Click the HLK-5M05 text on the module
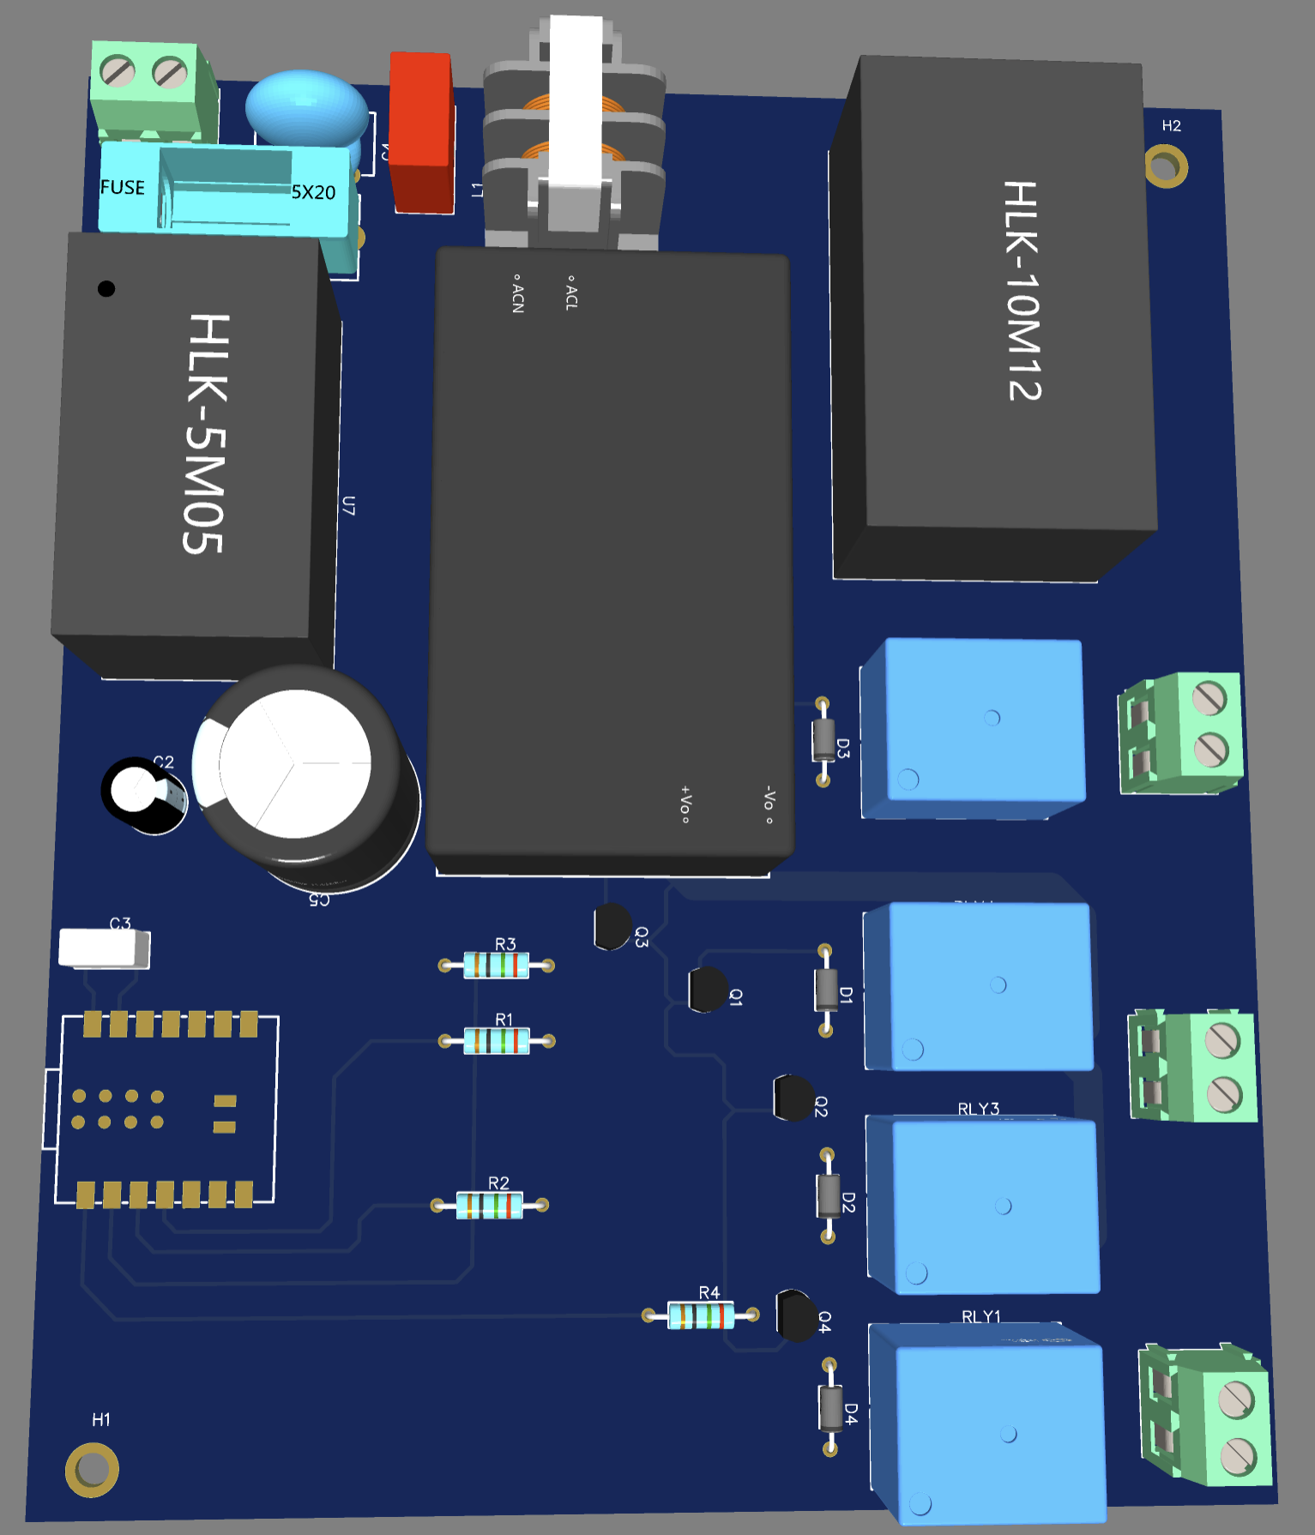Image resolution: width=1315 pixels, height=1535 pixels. pos(206,433)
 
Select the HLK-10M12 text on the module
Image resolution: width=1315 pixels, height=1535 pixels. pos(1022,292)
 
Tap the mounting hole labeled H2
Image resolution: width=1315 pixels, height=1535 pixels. pos(1166,166)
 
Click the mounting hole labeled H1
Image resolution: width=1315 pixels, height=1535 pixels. pos(92,1470)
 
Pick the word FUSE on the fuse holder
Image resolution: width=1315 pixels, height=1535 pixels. pos(123,188)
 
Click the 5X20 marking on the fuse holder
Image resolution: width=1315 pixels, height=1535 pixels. pos(313,192)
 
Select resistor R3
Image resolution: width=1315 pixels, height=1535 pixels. pos(497,966)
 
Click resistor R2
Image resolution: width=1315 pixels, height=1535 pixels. pos(490,1205)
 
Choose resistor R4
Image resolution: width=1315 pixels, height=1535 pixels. pos(701,1315)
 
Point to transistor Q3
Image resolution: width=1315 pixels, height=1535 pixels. pos(612,927)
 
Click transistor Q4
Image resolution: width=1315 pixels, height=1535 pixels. pos(796,1315)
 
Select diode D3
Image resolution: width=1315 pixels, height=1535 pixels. pos(823,741)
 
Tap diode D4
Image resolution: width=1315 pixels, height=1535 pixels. pos(830,1407)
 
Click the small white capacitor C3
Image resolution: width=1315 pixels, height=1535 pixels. pos(104,948)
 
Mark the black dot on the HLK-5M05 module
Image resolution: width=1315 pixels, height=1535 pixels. pos(106,288)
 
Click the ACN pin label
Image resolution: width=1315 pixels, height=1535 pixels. pos(517,294)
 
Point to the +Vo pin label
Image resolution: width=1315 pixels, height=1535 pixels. pos(685,804)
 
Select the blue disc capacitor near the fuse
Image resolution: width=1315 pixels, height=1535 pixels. pos(306,107)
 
